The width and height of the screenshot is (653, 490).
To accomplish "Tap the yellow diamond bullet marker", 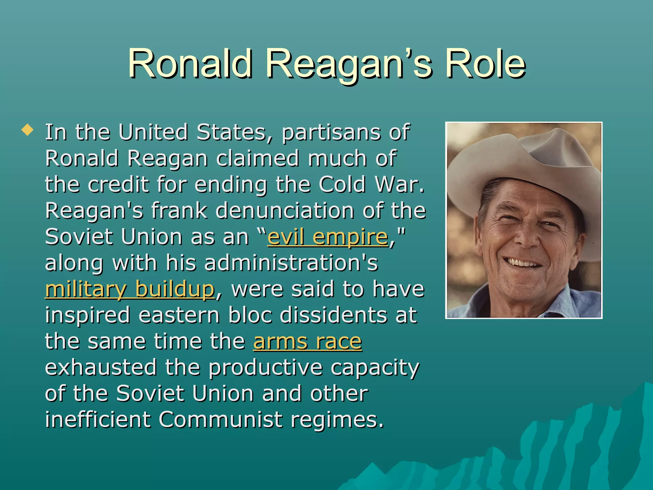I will pos(27,130).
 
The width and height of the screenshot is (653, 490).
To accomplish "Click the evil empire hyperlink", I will pos(328,237).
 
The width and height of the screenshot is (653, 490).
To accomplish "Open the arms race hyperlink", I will pos(307,342).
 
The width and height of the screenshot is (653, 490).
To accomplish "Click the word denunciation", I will pos(285,211).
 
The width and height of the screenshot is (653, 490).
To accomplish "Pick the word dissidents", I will pos(334,316).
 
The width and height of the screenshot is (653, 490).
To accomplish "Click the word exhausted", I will pos(101,367).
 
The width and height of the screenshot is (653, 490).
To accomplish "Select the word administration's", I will pos(291,264).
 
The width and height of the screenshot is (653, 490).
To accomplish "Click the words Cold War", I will pos(371,185).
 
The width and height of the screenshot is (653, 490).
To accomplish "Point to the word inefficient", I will pos(98,419).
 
